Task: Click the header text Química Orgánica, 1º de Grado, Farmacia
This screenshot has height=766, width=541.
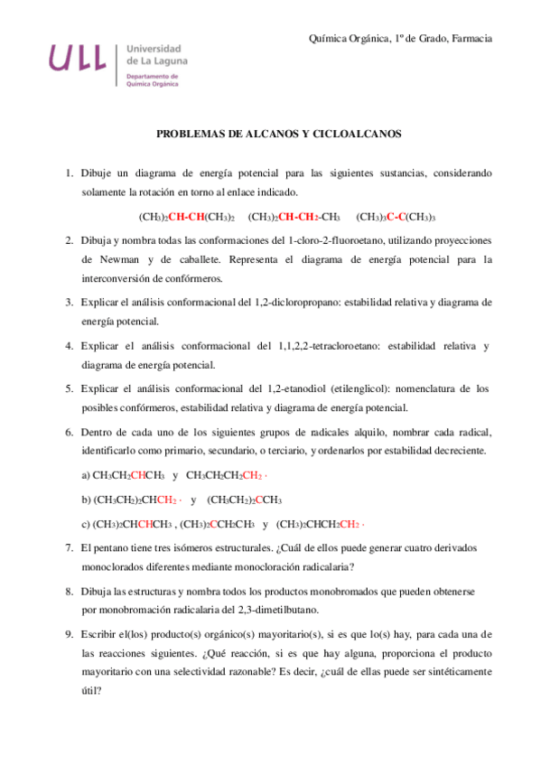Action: click(x=400, y=38)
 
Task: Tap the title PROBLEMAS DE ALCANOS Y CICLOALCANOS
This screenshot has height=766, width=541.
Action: click(x=279, y=134)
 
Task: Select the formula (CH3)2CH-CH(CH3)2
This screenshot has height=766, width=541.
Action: click(x=186, y=217)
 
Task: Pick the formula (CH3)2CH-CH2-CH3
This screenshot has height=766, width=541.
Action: click(x=294, y=217)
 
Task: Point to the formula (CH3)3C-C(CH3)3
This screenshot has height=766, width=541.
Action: click(x=396, y=217)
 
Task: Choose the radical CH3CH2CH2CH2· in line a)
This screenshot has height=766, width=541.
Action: click(x=227, y=475)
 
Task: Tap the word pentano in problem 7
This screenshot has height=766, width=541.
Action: click(x=113, y=547)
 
